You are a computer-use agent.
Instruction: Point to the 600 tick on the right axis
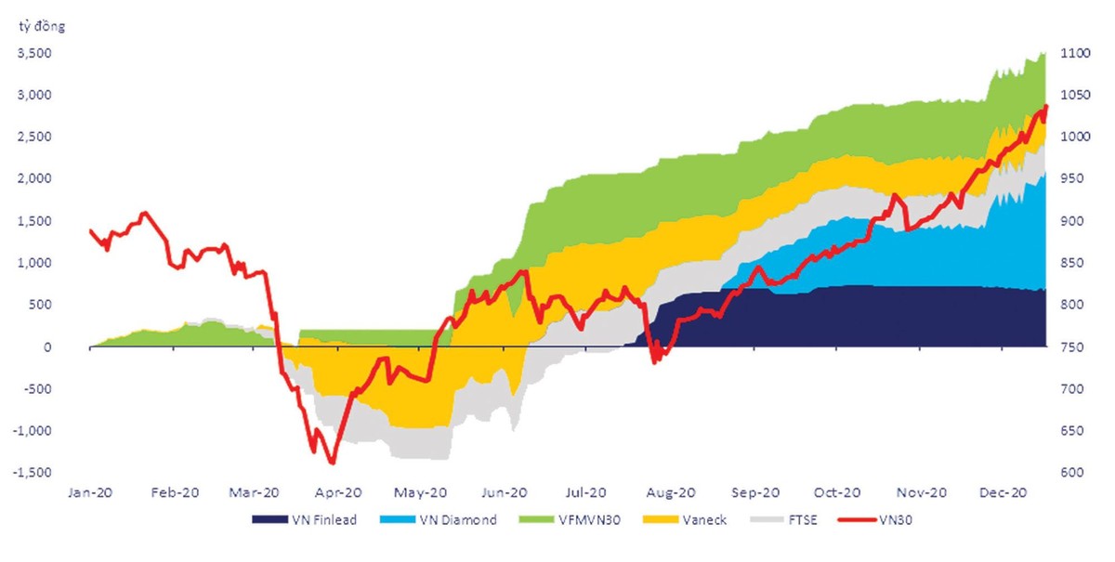click(x=1069, y=473)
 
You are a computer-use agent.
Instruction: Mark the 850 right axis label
click(x=1069, y=263)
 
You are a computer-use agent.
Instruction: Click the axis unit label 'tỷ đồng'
click(x=43, y=26)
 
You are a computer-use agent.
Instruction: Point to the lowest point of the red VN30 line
click(x=332, y=462)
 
